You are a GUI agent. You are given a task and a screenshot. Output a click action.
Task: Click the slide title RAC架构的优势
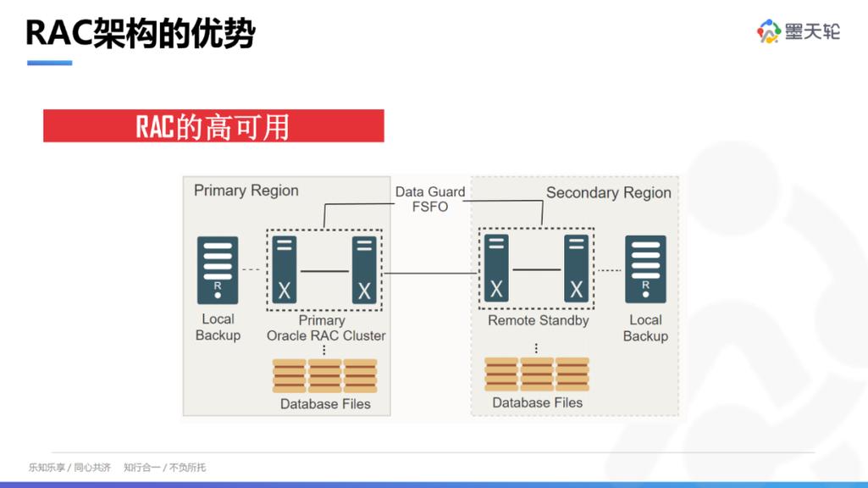click(141, 33)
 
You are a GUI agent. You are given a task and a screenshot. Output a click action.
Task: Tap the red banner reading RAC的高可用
click(213, 126)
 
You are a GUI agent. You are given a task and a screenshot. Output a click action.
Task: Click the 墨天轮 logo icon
click(768, 31)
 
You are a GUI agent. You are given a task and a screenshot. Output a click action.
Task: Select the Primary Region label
click(246, 191)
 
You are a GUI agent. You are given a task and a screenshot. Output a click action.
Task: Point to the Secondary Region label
click(608, 192)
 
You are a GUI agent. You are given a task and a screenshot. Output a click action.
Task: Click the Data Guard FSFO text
click(430, 199)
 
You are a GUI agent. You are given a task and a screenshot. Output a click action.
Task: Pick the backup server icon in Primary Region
click(218, 270)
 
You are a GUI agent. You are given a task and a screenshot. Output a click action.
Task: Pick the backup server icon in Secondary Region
click(645, 270)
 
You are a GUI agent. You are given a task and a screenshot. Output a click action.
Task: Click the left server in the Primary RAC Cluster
click(285, 270)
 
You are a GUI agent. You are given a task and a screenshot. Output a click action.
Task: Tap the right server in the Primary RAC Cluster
click(364, 270)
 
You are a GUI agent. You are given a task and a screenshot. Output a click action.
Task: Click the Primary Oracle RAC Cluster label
click(326, 329)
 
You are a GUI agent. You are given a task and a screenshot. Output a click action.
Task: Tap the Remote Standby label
click(538, 321)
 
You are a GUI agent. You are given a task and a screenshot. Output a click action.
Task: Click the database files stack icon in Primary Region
click(325, 375)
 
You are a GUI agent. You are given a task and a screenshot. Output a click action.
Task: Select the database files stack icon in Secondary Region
click(537, 374)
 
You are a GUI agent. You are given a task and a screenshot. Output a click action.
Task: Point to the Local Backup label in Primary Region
click(218, 327)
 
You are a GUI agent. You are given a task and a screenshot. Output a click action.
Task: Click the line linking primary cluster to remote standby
click(429, 273)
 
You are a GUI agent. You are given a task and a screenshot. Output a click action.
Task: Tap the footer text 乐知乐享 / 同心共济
click(69, 468)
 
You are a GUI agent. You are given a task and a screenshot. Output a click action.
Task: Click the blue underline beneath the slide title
click(49, 63)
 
